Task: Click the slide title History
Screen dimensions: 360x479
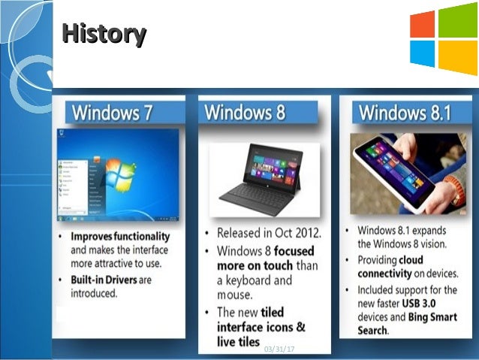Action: (104, 34)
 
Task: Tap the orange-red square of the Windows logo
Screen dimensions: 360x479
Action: (423, 24)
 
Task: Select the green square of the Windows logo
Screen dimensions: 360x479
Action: (458, 20)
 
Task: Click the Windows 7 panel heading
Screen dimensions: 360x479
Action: (113, 113)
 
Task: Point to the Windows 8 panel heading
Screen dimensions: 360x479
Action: (246, 113)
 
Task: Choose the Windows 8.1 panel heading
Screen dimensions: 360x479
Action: (405, 113)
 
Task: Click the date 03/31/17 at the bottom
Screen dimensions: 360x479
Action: (279, 349)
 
